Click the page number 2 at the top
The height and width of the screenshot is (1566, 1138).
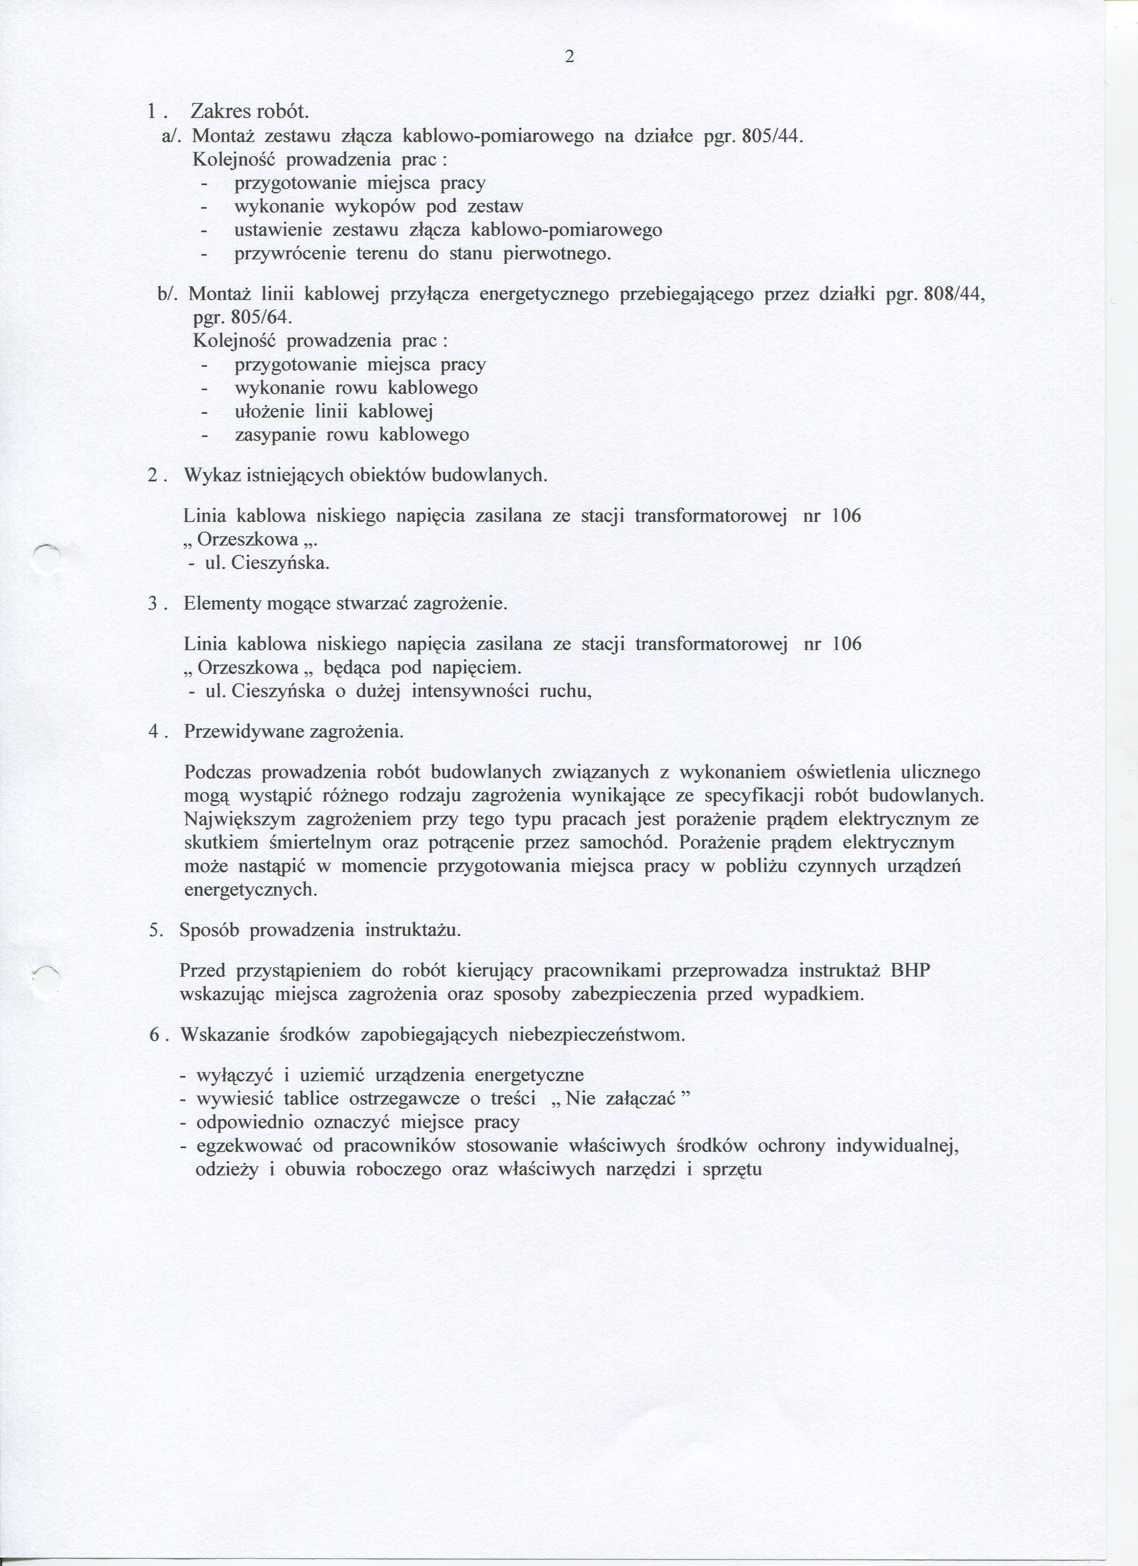[x=569, y=57]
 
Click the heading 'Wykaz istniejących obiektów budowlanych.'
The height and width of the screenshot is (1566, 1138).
[x=365, y=476]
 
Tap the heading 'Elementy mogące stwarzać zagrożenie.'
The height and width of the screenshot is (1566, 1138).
[x=346, y=604]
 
